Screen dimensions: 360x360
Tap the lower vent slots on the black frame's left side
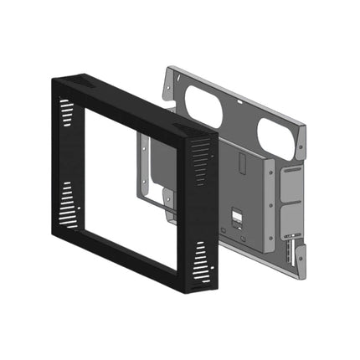point(66,204)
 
